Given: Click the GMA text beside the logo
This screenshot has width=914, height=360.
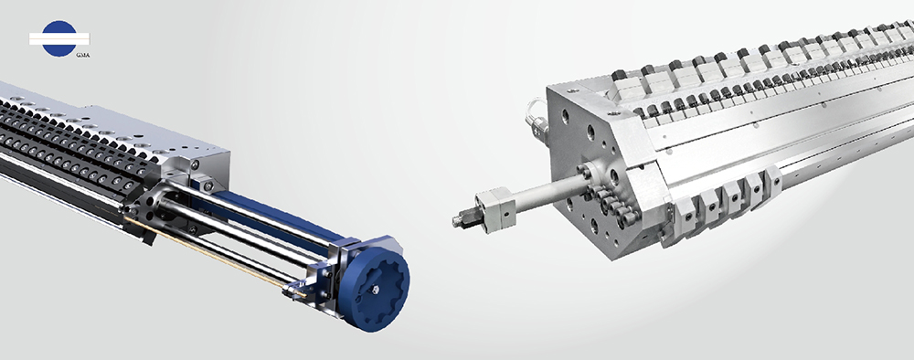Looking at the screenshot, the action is point(83,55).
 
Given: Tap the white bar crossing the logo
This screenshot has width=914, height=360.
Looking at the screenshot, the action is point(59,39).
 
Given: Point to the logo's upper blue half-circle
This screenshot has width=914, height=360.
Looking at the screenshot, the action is point(59,26).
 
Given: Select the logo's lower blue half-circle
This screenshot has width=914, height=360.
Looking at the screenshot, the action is point(59,50).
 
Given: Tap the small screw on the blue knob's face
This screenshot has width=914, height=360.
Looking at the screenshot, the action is point(377,288).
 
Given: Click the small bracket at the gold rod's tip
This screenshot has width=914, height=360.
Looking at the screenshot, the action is point(296,290).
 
